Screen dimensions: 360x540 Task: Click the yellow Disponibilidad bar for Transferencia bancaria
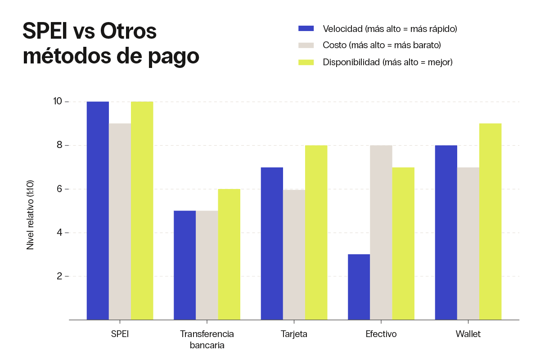click(229, 254)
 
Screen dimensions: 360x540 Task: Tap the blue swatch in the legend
click(306, 29)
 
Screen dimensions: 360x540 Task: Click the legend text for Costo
click(382, 45)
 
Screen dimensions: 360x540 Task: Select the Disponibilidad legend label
click(387, 62)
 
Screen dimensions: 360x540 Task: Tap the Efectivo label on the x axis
click(381, 334)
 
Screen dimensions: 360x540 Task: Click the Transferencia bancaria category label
click(207, 340)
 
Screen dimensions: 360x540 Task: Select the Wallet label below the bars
click(468, 334)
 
